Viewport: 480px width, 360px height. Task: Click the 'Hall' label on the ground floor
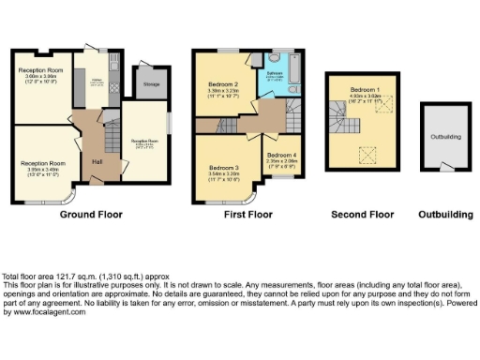pyautogui.click(x=97, y=159)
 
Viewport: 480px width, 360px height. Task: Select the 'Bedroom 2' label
pyautogui.click(x=222, y=84)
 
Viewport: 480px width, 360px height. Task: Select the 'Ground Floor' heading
pyautogui.click(x=92, y=215)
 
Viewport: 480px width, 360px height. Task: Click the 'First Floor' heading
pyautogui.click(x=247, y=215)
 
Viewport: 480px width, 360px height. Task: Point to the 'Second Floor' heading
pyautogui.click(x=363, y=215)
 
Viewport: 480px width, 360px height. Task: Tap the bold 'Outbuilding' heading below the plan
pyautogui.click(x=445, y=215)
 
